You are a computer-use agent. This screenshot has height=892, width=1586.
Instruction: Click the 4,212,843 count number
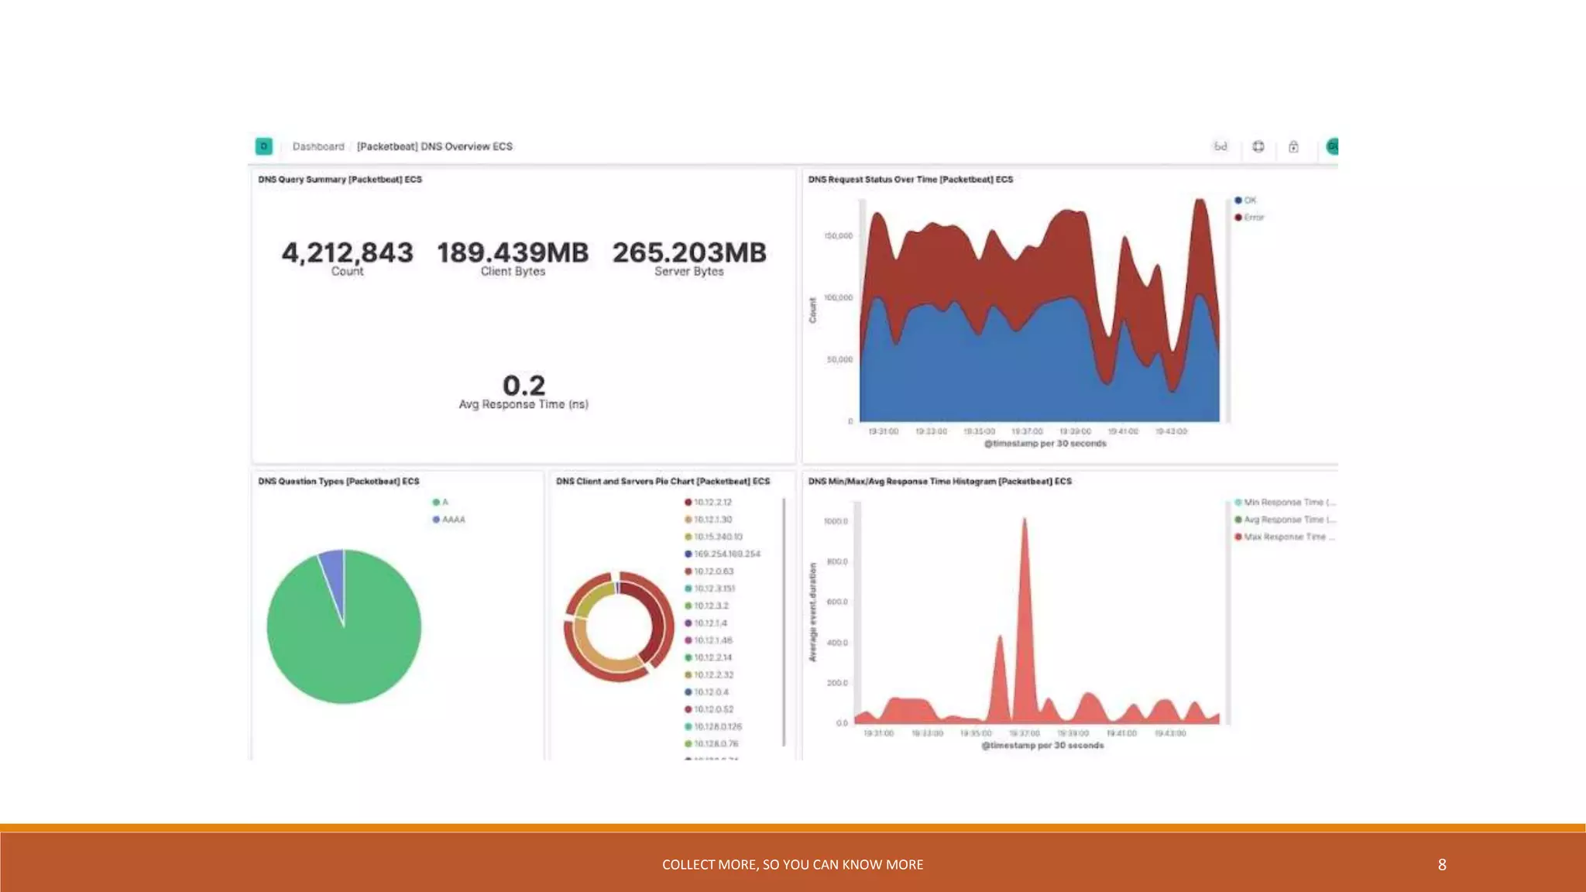click(347, 252)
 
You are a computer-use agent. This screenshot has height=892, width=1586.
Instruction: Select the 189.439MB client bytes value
click(513, 252)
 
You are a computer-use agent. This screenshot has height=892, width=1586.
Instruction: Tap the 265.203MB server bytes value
click(689, 252)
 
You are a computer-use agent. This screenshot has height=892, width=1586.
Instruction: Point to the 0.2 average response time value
click(524, 386)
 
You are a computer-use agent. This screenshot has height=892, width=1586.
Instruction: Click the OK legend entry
click(1246, 201)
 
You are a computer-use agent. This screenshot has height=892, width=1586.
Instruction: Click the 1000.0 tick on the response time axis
click(836, 521)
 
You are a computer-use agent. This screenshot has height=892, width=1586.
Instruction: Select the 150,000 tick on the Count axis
click(839, 235)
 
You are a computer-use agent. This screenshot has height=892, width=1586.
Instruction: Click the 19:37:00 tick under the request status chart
click(1027, 431)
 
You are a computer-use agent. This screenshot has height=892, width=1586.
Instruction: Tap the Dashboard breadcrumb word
click(318, 146)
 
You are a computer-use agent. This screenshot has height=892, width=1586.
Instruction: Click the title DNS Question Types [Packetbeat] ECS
click(338, 482)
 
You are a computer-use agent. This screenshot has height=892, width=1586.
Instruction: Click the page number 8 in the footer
click(1442, 865)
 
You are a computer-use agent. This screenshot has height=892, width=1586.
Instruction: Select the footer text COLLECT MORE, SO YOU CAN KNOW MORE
click(792, 865)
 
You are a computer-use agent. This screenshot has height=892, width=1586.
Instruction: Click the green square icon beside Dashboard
click(264, 146)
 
